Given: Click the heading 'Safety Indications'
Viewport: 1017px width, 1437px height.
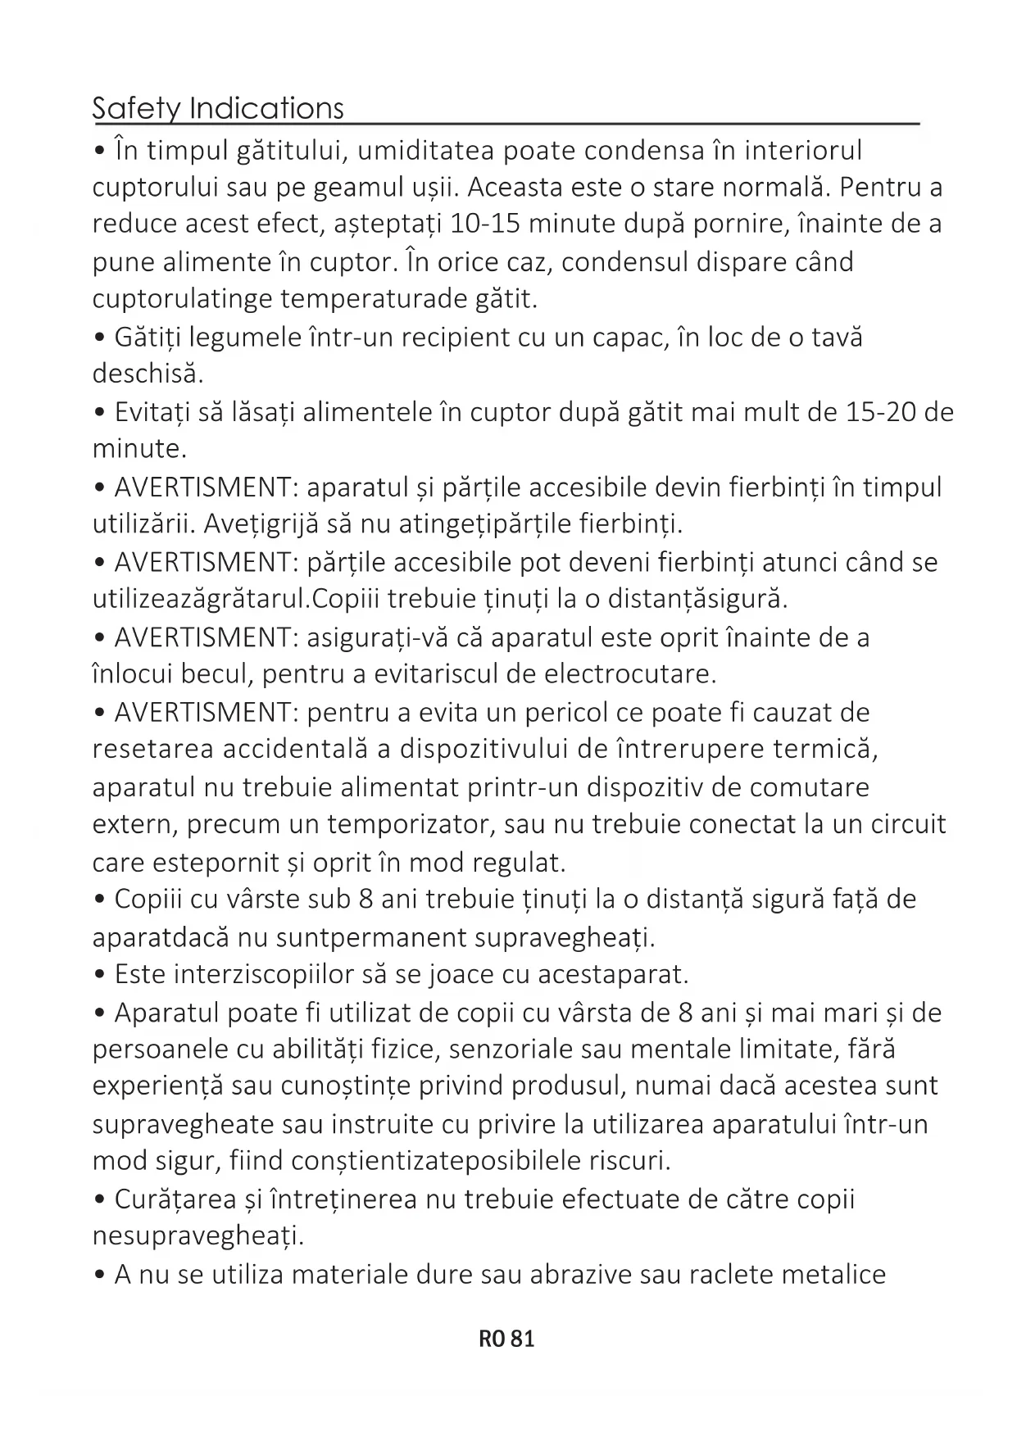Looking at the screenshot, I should coord(218,108).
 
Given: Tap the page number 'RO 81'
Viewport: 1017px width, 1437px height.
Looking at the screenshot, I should coord(506,1339).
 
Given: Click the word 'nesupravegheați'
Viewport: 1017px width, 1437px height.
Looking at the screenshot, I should coord(197,1236).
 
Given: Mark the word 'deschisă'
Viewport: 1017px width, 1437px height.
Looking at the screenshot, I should coord(148,374).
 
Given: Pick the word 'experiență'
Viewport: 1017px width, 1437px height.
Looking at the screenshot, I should coord(157,1086).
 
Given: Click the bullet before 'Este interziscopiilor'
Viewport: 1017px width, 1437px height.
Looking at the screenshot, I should coord(100,975).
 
